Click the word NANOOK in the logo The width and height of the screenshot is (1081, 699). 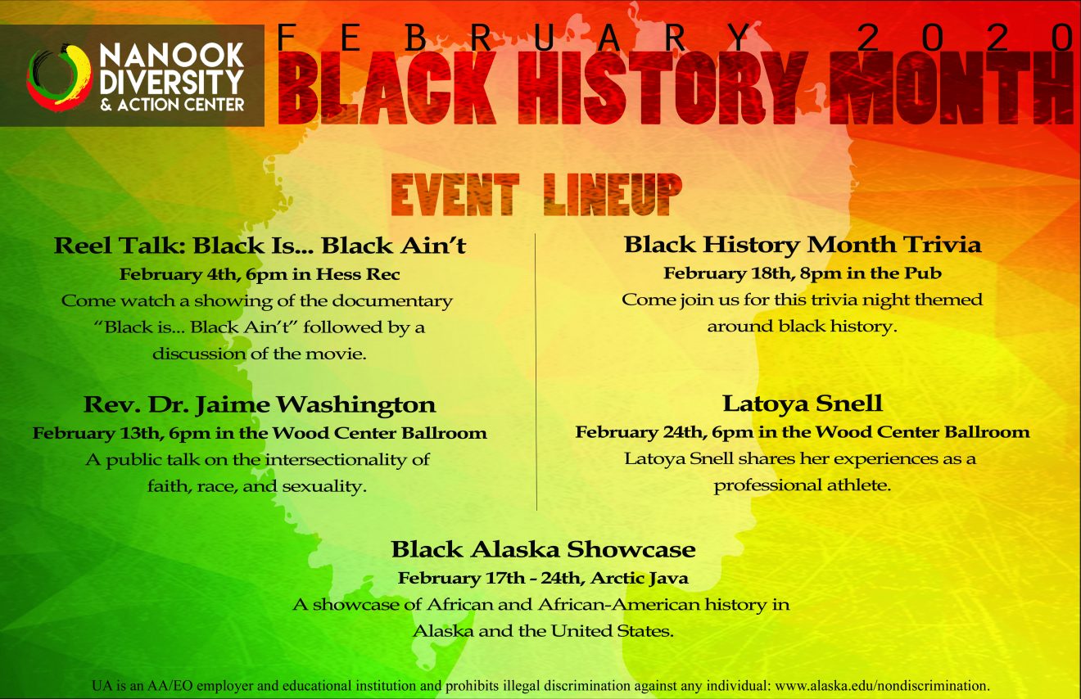(172, 55)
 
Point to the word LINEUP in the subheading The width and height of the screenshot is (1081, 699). (613, 195)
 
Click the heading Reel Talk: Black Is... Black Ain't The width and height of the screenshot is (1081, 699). (260, 246)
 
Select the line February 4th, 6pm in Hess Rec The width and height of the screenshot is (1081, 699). (260, 274)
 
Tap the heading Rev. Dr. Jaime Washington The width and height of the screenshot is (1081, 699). (260, 404)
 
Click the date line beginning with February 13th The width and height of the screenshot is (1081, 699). (260, 433)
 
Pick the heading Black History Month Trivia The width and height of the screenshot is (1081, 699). (803, 245)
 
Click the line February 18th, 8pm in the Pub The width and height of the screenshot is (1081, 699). (803, 273)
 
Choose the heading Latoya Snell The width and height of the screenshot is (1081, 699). (803, 404)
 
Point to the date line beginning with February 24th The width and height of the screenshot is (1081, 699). (803, 432)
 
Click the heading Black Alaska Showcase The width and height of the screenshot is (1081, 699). (544, 549)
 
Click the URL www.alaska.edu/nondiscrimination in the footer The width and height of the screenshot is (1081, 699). (881, 685)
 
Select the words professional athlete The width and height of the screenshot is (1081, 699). (803, 485)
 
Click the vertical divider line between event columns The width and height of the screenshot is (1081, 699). (536, 372)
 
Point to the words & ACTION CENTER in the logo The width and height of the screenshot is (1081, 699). (172, 105)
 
